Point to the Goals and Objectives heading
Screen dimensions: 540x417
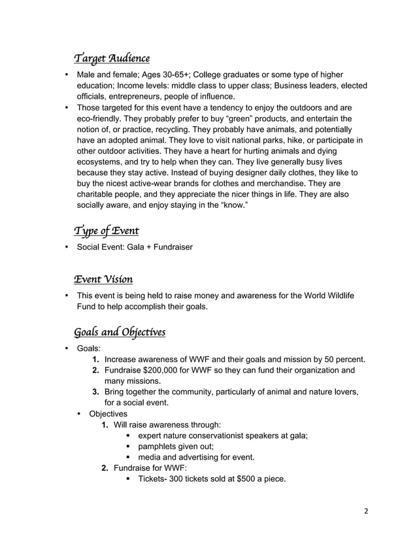click(x=120, y=332)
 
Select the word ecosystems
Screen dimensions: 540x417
click(x=99, y=161)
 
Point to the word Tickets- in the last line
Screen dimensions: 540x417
click(x=152, y=479)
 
